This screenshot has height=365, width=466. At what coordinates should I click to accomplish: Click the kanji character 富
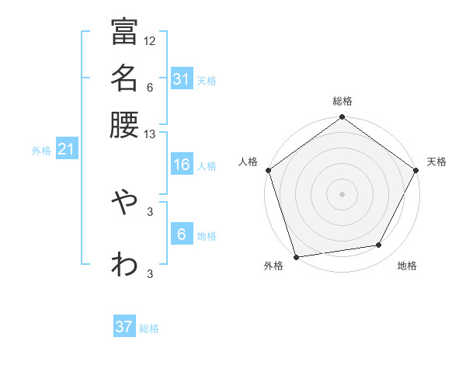coord(124,32)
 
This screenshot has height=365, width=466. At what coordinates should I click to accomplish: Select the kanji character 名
coord(124,78)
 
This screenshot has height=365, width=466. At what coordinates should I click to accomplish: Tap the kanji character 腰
coord(124,123)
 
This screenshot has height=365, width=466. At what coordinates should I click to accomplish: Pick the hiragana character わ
coord(124,263)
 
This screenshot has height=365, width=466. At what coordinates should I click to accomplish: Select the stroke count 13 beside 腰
coord(150,134)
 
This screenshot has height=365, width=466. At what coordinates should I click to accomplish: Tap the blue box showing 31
coord(181,79)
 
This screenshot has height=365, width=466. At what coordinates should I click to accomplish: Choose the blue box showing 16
coord(181,165)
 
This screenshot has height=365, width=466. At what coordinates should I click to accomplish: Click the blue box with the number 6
coord(181,235)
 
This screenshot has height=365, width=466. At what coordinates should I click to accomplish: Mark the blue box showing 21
coord(65,150)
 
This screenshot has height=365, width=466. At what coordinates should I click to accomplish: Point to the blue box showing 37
coord(124,327)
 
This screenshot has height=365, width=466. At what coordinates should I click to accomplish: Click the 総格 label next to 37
coord(149,328)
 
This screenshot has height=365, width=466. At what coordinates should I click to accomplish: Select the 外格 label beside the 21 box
coord(41,151)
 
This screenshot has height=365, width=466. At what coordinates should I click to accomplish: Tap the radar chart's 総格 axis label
coord(343,101)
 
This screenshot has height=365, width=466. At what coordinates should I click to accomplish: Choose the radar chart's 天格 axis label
coord(436,162)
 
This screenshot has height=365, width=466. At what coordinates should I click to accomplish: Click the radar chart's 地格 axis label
coord(407,266)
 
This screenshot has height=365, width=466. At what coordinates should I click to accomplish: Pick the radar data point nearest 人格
coord(269,170)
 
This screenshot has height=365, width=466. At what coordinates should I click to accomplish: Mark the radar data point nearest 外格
coord(297,256)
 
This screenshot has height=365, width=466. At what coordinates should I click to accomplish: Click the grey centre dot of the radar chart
coord(343,193)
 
